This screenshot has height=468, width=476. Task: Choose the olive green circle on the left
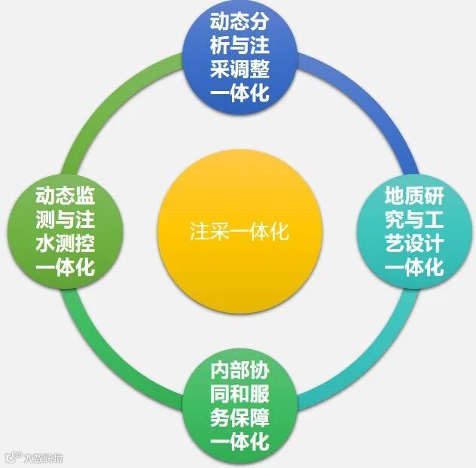click(x=65, y=231)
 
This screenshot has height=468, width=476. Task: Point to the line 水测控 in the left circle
click(x=65, y=244)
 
